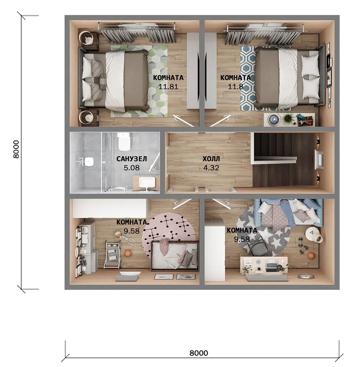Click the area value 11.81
click(x=168, y=87)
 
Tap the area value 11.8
click(x=236, y=87)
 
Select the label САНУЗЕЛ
click(x=132, y=159)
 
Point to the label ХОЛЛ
click(x=211, y=159)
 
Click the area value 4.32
click(x=211, y=168)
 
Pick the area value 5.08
click(x=132, y=168)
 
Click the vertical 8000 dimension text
click(x=16, y=149)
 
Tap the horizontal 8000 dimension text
click(x=199, y=353)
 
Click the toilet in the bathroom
click(x=124, y=142)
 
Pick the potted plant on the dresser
click(x=288, y=119)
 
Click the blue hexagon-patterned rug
click(x=248, y=78)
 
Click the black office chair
click(x=257, y=246)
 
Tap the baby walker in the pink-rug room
click(x=113, y=255)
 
